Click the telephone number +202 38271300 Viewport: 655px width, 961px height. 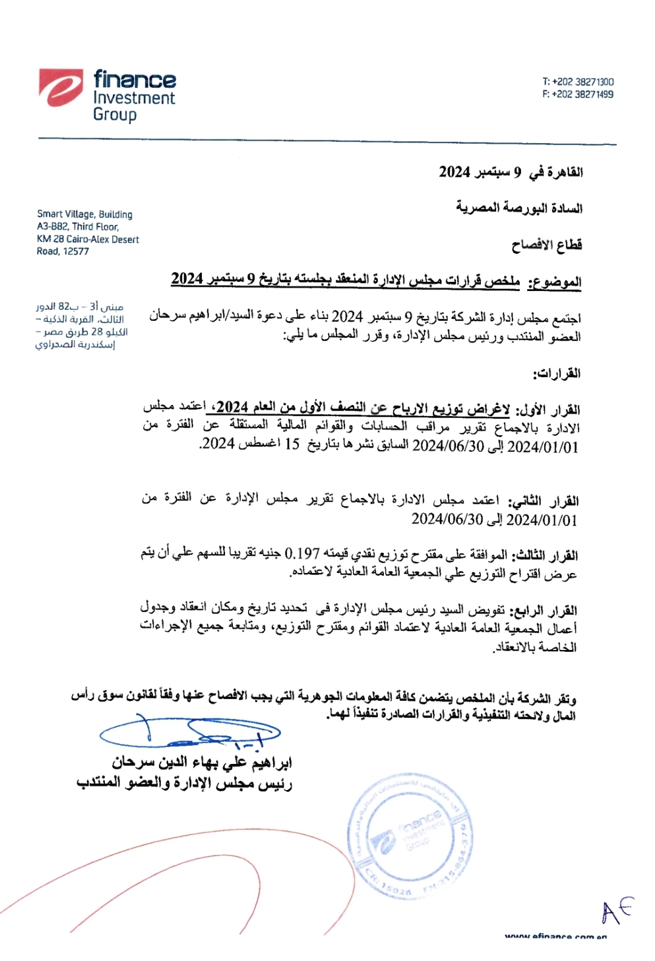[x=582, y=82]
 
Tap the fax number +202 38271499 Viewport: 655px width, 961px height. [x=582, y=95]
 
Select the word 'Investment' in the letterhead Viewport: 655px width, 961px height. [x=133, y=98]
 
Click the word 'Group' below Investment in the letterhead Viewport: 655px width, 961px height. [x=115, y=115]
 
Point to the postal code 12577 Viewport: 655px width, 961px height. [x=76, y=252]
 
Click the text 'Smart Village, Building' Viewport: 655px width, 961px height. [x=84, y=214]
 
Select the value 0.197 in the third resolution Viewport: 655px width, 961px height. [x=302, y=553]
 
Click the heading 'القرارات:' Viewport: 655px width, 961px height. [x=556, y=373]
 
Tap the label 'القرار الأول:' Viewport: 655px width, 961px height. [x=548, y=410]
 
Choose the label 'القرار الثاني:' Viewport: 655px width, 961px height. [x=544, y=501]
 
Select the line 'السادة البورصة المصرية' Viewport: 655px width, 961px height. [x=519, y=208]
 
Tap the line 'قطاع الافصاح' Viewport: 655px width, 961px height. [x=546, y=245]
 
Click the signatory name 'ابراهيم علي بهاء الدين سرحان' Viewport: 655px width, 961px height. [x=202, y=762]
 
